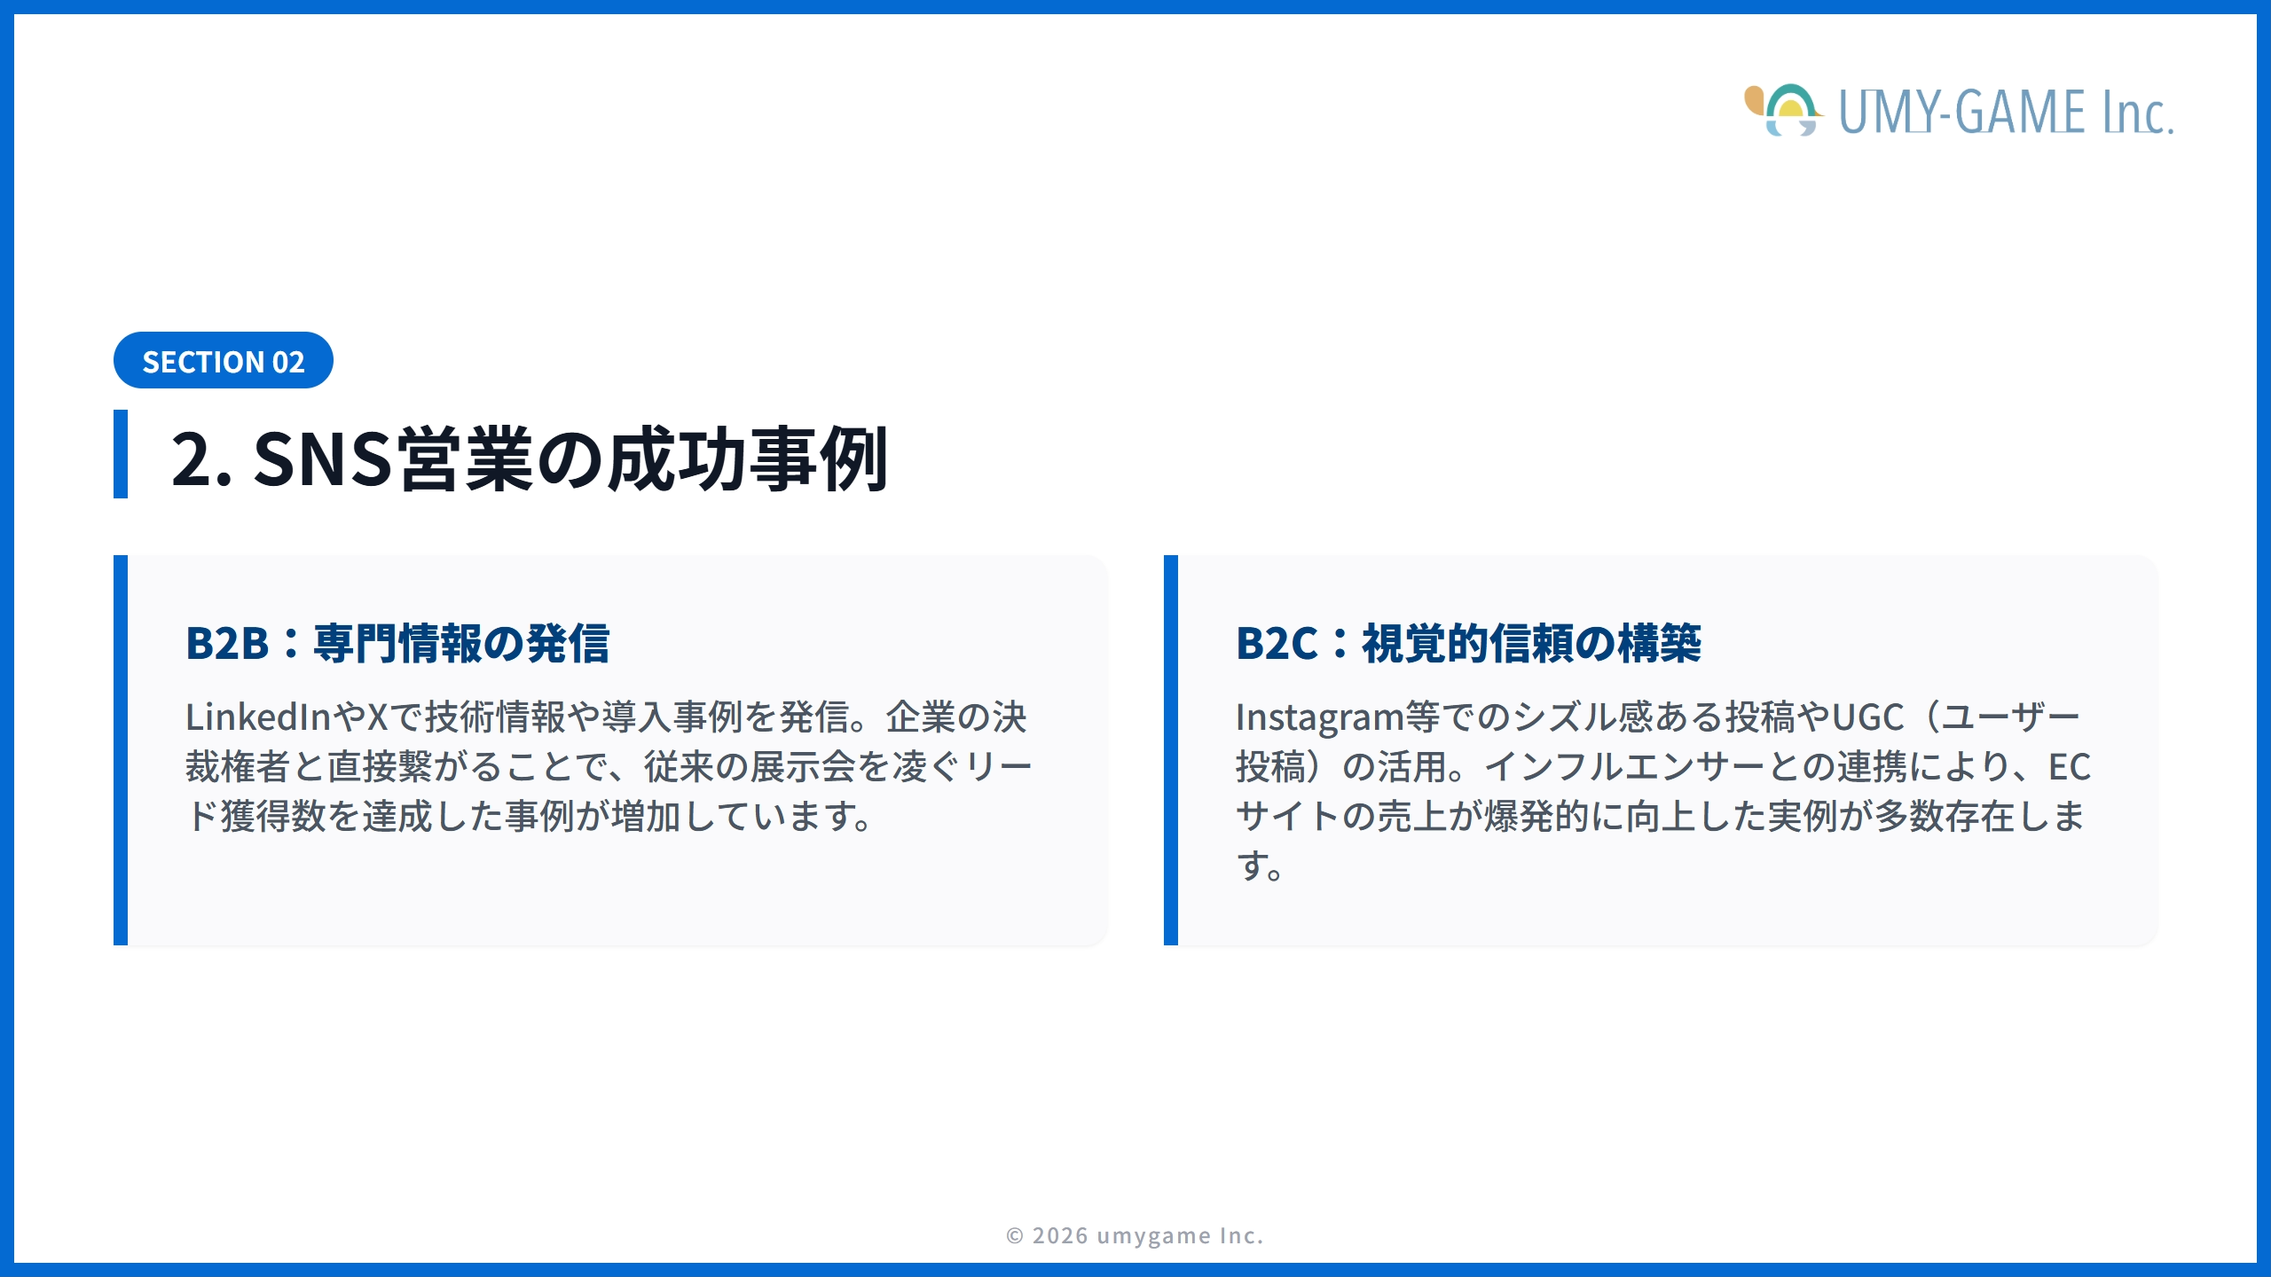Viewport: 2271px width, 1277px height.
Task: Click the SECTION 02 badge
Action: [223, 361]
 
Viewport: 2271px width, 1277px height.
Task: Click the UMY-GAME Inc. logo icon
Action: [1783, 111]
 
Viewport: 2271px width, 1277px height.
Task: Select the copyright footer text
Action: [1135, 1235]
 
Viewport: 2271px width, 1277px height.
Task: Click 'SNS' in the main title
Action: [322, 459]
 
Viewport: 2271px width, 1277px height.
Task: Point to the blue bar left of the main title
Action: [121, 454]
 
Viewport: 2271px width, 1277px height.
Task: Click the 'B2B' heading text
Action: [226, 643]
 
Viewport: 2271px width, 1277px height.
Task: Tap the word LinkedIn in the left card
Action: [257, 717]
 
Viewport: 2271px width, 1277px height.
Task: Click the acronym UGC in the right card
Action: [1867, 717]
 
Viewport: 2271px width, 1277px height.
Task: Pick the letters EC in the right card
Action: [2069, 767]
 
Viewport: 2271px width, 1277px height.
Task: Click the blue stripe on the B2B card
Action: [121, 750]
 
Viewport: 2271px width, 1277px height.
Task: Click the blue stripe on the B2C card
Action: [1171, 750]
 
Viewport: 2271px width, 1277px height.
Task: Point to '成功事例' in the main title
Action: [747, 459]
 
